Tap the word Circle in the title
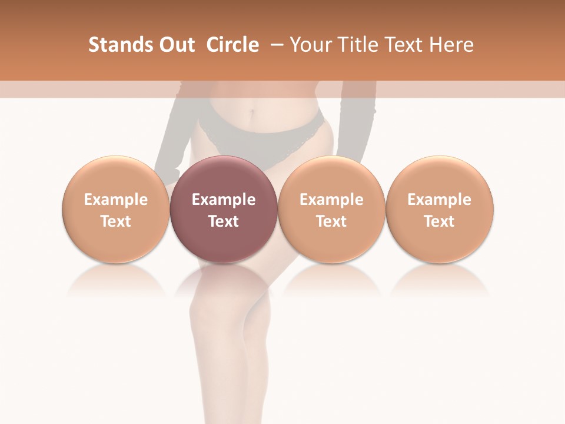tap(232, 45)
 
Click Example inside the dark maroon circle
tap(224, 200)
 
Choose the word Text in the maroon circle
tap(224, 221)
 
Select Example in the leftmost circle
tap(116, 200)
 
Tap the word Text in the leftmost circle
tap(116, 221)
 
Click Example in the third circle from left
tap(331, 200)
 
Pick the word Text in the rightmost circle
tap(439, 221)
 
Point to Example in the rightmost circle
tap(439, 200)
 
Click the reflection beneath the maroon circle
tap(224, 280)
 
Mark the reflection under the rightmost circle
tap(439, 280)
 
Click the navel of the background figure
tap(253, 110)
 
